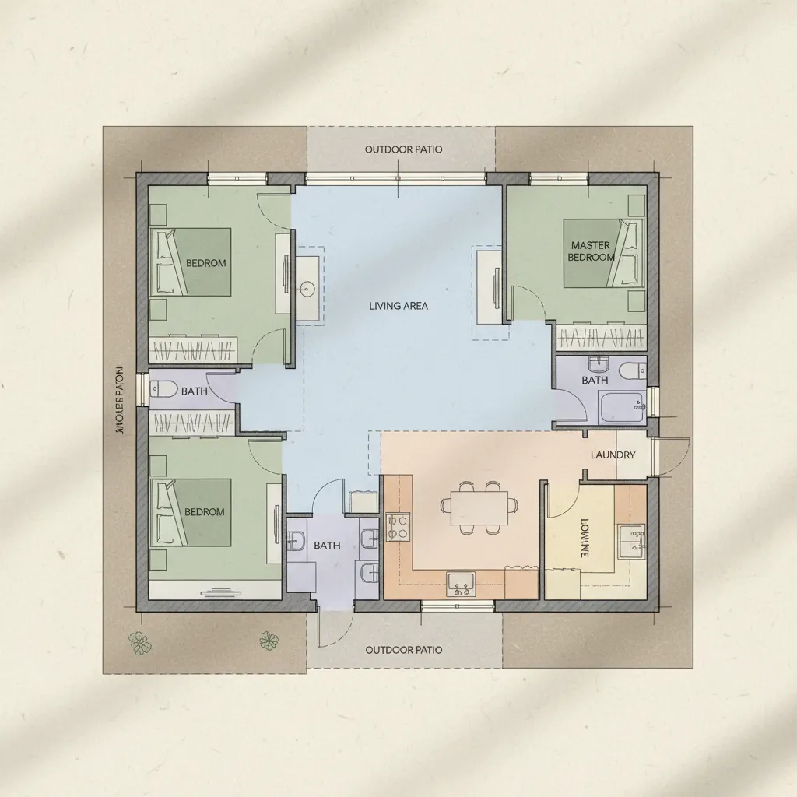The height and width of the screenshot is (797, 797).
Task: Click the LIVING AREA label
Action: (398, 306)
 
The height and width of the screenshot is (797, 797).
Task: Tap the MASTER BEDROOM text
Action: (591, 251)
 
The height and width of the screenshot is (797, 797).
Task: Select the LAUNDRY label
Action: (613, 455)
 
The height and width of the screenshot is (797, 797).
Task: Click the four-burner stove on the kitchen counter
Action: (398, 526)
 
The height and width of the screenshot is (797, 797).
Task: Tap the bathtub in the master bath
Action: (621, 407)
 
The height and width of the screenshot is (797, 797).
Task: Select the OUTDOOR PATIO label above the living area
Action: (404, 149)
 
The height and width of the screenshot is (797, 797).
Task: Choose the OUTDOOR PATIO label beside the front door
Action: (404, 650)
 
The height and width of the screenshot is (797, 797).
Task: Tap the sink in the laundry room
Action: (631, 542)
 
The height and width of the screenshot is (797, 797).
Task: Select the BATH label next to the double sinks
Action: (327, 546)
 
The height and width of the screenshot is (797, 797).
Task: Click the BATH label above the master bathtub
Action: (595, 381)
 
